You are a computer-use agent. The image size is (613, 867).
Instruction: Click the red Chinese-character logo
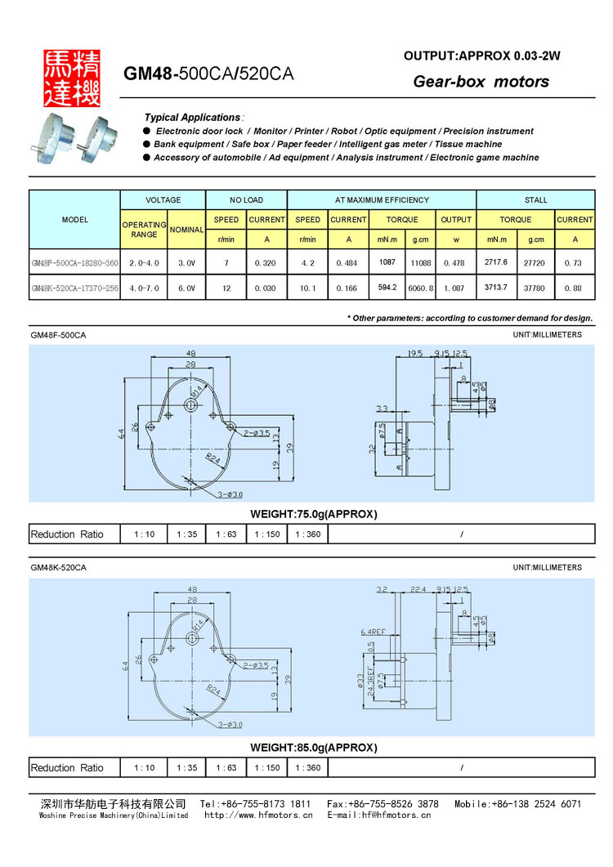72,76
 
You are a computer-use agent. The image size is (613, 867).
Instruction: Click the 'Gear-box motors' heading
481,82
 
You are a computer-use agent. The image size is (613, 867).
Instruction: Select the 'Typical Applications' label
193,118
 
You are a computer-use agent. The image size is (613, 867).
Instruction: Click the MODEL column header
74,220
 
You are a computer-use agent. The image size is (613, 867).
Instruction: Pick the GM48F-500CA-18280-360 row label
74,263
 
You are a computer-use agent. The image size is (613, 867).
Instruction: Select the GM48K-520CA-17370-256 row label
74,288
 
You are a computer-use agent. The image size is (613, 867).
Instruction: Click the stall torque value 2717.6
495,262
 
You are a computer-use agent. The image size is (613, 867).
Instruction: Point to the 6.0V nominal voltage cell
186,288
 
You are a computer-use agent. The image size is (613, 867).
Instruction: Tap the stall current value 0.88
575,288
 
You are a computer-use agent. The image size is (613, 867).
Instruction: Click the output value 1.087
455,288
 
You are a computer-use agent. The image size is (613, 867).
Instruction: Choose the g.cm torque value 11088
421,263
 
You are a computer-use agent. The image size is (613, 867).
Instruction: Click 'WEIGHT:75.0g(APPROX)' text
312,514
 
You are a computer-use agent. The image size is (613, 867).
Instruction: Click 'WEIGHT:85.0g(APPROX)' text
312,748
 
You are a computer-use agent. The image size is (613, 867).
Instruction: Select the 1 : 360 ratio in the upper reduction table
307,534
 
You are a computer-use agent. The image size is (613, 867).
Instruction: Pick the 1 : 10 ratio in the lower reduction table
143,768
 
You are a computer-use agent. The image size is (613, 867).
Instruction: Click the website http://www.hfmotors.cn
258,815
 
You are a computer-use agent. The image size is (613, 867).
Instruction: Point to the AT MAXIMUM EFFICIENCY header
382,199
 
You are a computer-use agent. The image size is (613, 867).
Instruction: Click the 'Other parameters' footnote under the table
470,318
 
